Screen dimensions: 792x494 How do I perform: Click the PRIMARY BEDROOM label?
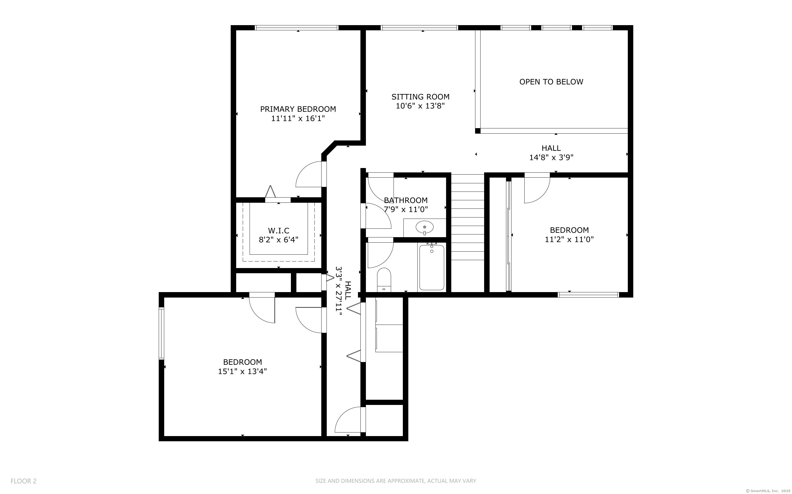[298, 109]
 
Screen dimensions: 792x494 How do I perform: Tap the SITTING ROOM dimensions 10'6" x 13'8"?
[420, 106]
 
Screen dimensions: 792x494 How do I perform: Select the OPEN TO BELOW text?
[551, 82]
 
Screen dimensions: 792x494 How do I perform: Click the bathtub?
[432, 267]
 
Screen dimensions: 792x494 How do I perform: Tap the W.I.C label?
[279, 231]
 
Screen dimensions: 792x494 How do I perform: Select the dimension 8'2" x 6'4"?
[279, 240]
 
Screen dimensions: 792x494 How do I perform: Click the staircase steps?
[467, 217]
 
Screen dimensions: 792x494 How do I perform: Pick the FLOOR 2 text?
[24, 481]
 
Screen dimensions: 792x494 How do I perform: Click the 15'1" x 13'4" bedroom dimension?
[242, 371]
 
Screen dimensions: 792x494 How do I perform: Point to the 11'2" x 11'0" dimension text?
[569, 239]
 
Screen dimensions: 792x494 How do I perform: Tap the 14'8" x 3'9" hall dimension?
[551, 157]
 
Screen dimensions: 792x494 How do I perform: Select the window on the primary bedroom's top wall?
[296, 28]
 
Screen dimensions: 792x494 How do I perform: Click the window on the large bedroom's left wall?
[161, 334]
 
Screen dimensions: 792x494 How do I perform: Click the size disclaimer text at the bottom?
[396, 481]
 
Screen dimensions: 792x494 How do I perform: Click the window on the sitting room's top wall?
[419, 28]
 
